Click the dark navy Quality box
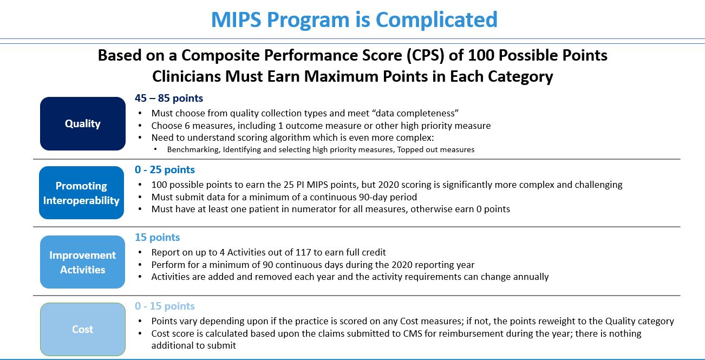click(83, 123)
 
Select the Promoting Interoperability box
click(82, 193)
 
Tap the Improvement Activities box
click(82, 262)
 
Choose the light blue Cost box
click(83, 329)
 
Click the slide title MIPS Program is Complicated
click(354, 19)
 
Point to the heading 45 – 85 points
click(169, 98)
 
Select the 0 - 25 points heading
click(165, 169)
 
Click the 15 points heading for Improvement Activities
click(158, 237)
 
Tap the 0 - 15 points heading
click(165, 306)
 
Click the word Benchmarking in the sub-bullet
click(193, 149)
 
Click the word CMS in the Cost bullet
click(413, 333)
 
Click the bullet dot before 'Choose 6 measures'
click(140, 126)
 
